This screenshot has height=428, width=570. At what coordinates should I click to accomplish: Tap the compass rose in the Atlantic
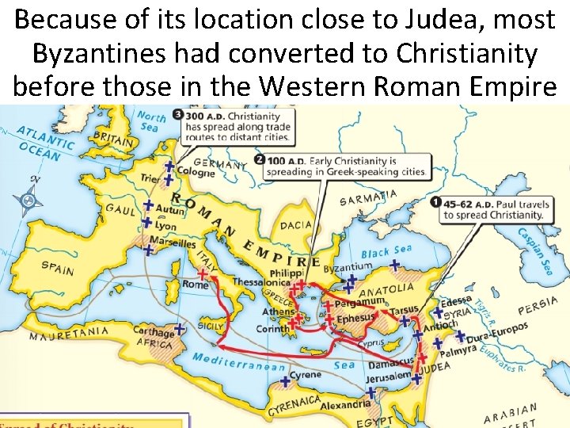31,200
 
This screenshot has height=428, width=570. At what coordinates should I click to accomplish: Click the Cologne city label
195,172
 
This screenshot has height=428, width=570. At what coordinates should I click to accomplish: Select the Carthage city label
153,333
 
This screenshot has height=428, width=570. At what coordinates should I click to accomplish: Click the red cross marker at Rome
203,274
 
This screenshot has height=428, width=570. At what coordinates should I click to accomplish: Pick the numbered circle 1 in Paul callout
435,202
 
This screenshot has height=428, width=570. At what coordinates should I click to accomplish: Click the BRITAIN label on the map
114,140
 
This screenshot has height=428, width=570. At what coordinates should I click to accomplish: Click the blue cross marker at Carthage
179,327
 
